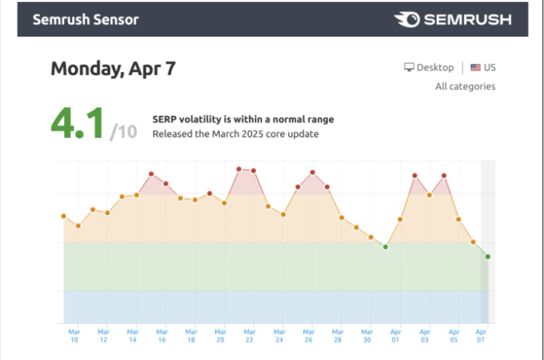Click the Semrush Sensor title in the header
tap(86, 19)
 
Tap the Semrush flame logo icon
tap(407, 19)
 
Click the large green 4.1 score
tap(77, 123)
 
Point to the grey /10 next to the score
tap(124, 132)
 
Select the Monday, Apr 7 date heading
tap(113, 68)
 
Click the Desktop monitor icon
tap(409, 67)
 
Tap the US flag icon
tap(476, 68)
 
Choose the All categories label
tap(466, 86)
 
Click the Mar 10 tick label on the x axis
tap(74, 336)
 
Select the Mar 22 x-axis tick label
tap(250, 336)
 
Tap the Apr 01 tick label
tap(396, 336)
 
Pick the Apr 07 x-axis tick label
tap(481, 336)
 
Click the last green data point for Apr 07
tap(488, 256)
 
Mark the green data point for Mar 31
tap(386, 247)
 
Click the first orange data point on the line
tap(63, 216)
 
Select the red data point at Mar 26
tap(312, 172)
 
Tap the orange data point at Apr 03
tap(429, 194)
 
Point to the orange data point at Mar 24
tap(283, 214)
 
